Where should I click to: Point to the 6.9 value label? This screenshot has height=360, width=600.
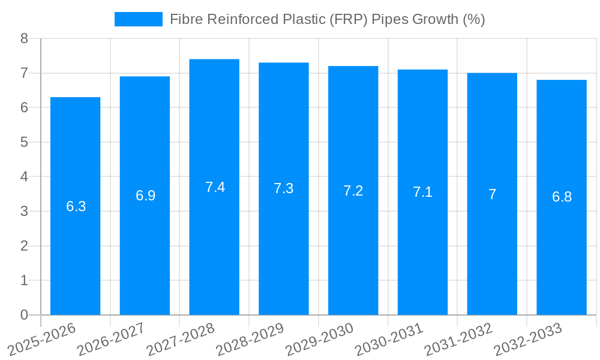coord(145,196)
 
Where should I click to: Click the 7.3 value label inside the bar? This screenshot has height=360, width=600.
coord(284,188)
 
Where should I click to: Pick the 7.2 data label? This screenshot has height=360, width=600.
coord(353,191)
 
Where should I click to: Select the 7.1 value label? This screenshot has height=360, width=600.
coord(422,193)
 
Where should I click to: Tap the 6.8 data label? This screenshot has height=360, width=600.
coord(562,197)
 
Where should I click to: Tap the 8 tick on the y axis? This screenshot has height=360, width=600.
coord(24,39)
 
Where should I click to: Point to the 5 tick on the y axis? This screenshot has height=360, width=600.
coord(24,143)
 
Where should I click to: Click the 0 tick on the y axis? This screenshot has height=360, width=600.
coord(24,315)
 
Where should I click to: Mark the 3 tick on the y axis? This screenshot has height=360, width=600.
coord(24,212)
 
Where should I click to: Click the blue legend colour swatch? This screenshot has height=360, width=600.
coord(138,19)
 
